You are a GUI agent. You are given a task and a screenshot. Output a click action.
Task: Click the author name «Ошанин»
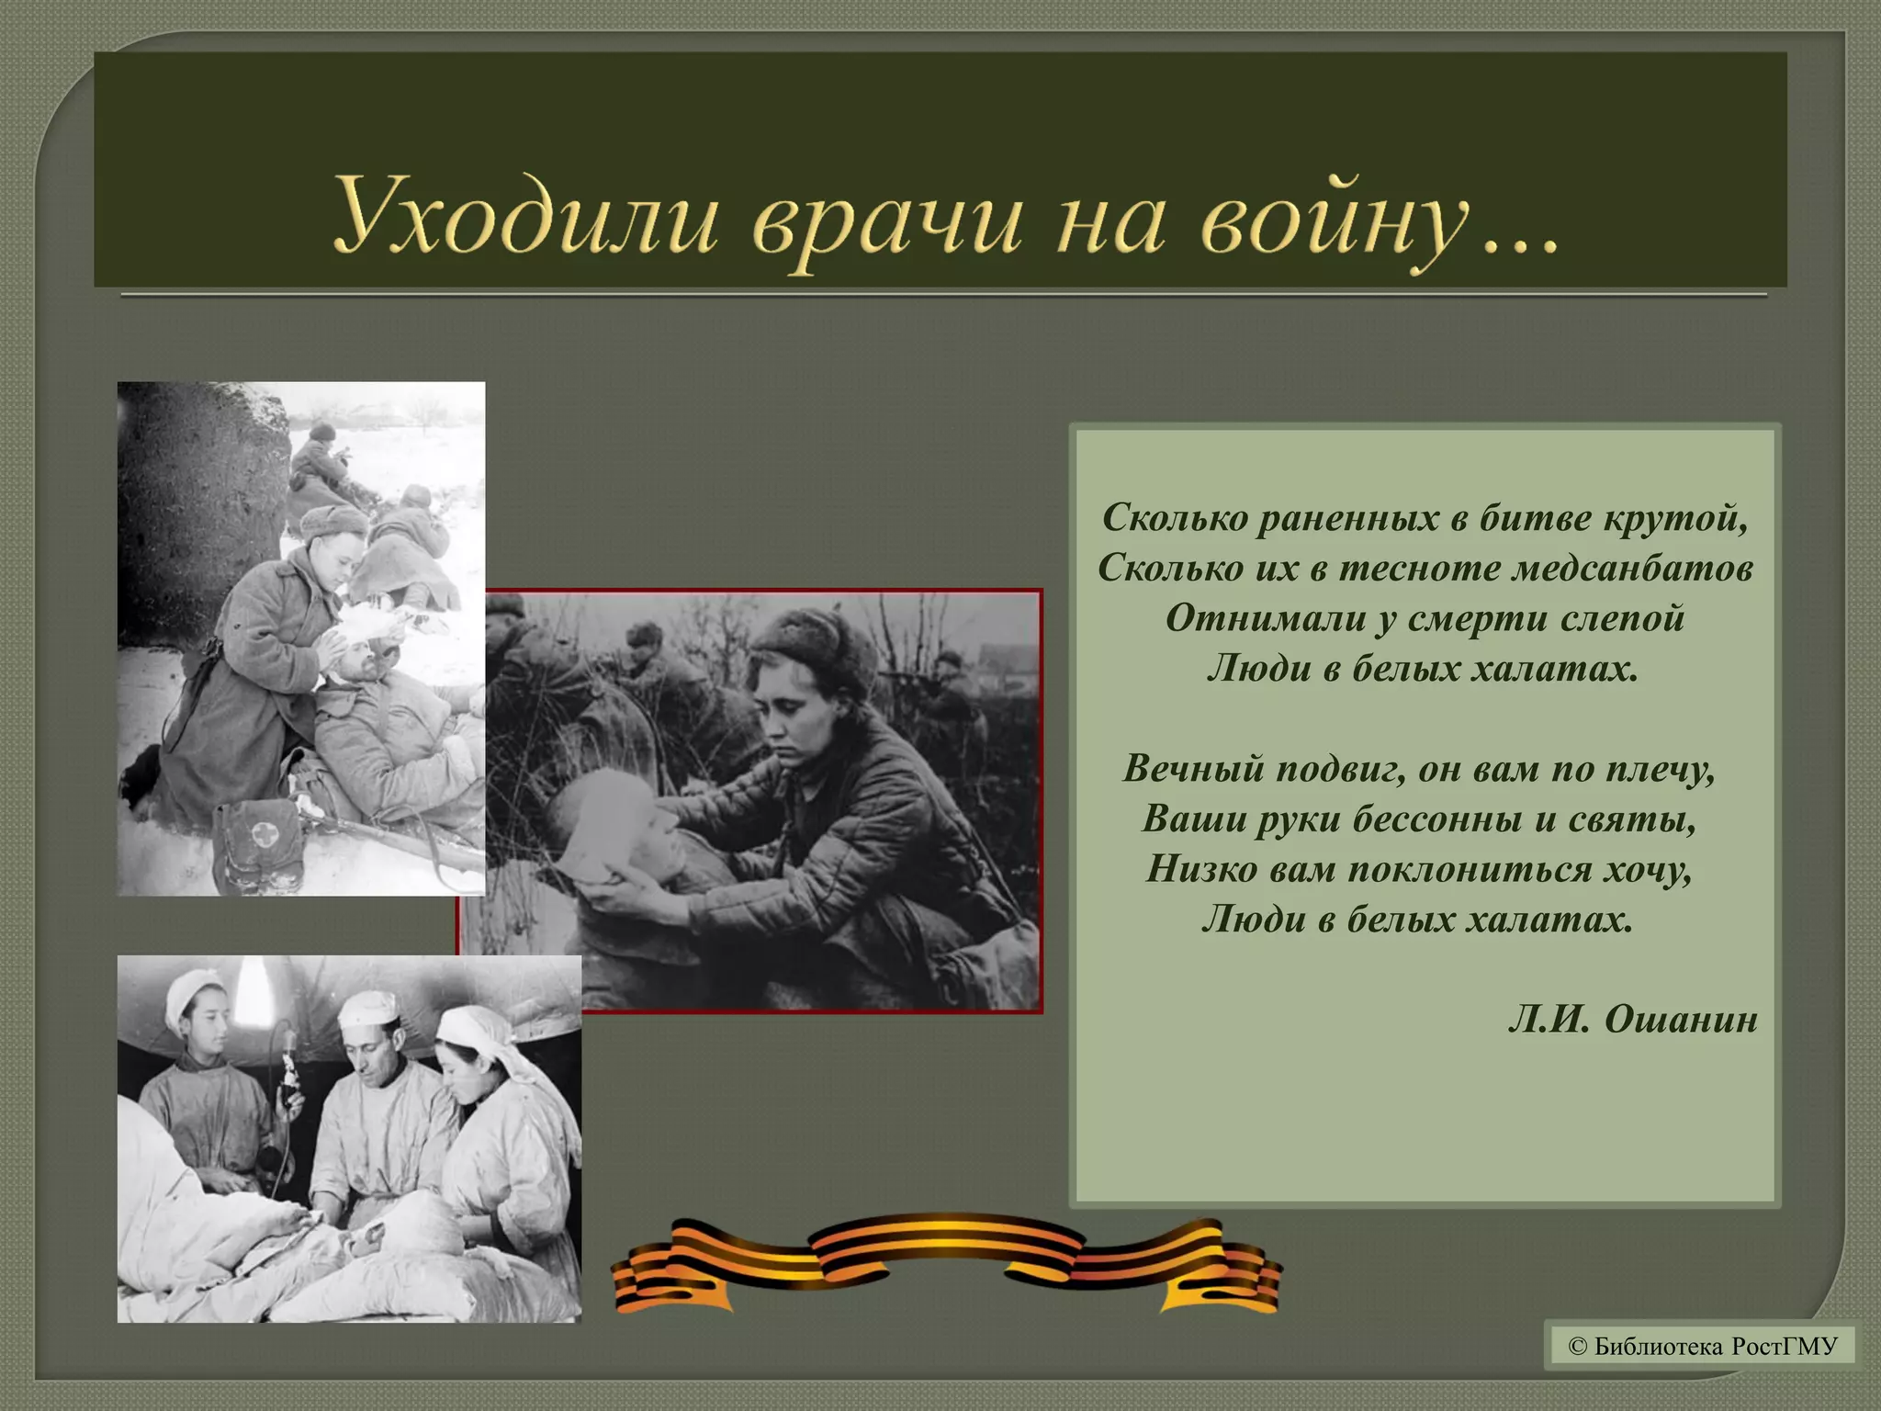coord(1681,1019)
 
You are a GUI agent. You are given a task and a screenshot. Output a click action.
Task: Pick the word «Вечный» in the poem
coord(1193,768)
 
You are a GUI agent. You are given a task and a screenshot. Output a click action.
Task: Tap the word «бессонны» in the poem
coord(1436,818)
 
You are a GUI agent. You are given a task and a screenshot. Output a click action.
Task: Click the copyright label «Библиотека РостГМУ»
coord(1703,1347)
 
